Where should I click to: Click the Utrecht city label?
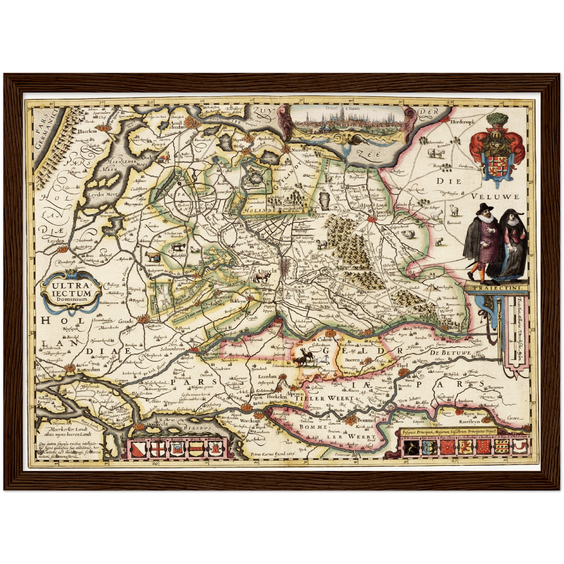267,270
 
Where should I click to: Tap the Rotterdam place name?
89,369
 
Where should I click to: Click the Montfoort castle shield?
215,449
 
